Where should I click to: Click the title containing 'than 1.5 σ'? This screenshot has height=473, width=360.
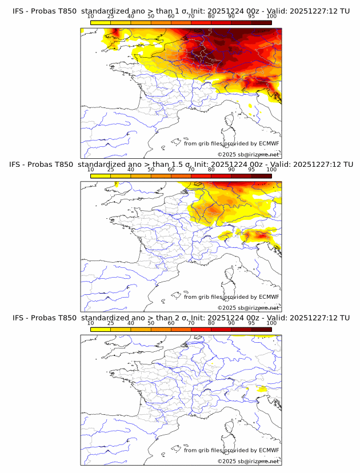coord(181,164)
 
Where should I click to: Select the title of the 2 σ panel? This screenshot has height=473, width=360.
coord(181,318)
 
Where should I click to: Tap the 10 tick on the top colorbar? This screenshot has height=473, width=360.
coord(91,17)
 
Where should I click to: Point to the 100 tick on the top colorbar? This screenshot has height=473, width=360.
coord(271,17)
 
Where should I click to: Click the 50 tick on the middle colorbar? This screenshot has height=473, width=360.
coord(151,170)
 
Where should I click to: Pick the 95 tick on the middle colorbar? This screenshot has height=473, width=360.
coord(251,170)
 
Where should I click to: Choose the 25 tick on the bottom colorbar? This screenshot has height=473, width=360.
coord(111,323)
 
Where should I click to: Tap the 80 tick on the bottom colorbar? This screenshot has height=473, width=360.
coord(211,323)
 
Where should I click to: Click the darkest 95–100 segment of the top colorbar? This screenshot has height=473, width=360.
coord(261,22)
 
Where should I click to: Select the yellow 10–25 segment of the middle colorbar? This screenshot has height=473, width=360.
coord(101,176)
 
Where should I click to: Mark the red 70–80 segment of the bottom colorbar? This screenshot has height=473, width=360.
coord(201,330)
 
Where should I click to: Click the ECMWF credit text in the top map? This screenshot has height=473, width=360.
coord(231,143)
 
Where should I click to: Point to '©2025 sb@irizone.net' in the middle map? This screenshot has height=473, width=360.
coord(248,308)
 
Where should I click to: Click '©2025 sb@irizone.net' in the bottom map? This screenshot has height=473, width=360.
coord(248,461)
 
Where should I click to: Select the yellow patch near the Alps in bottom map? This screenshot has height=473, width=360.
coord(262,389)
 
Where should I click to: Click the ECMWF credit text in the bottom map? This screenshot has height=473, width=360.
coord(231,450)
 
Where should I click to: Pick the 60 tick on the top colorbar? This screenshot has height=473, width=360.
coord(171,17)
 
